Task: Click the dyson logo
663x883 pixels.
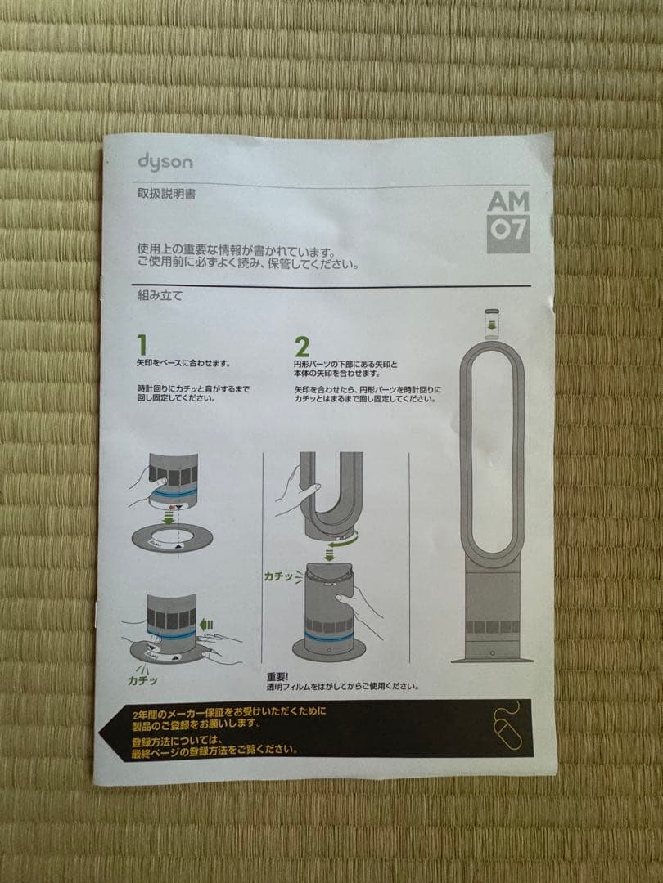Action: (165, 161)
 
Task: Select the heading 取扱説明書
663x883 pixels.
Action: (166, 195)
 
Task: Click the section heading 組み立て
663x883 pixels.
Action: (160, 296)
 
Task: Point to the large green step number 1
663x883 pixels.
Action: (142, 343)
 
